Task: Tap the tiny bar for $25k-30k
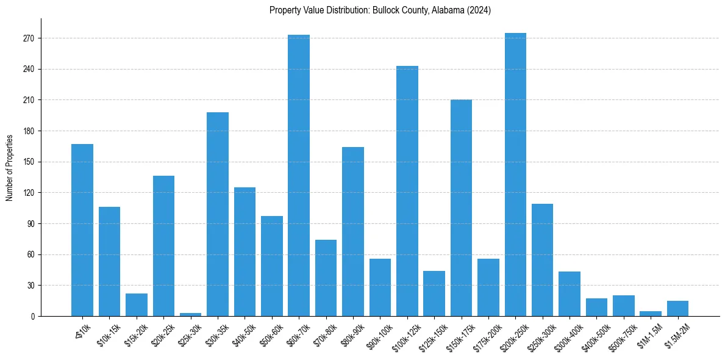click(190, 314)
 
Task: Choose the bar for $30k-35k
click(218, 214)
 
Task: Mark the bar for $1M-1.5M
click(651, 314)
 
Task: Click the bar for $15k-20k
click(137, 305)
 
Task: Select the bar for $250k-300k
click(542, 260)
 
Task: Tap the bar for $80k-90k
click(353, 232)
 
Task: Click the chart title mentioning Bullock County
click(380, 10)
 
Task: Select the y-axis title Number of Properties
click(10, 167)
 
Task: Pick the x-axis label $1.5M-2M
click(676, 334)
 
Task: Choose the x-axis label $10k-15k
click(108, 334)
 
